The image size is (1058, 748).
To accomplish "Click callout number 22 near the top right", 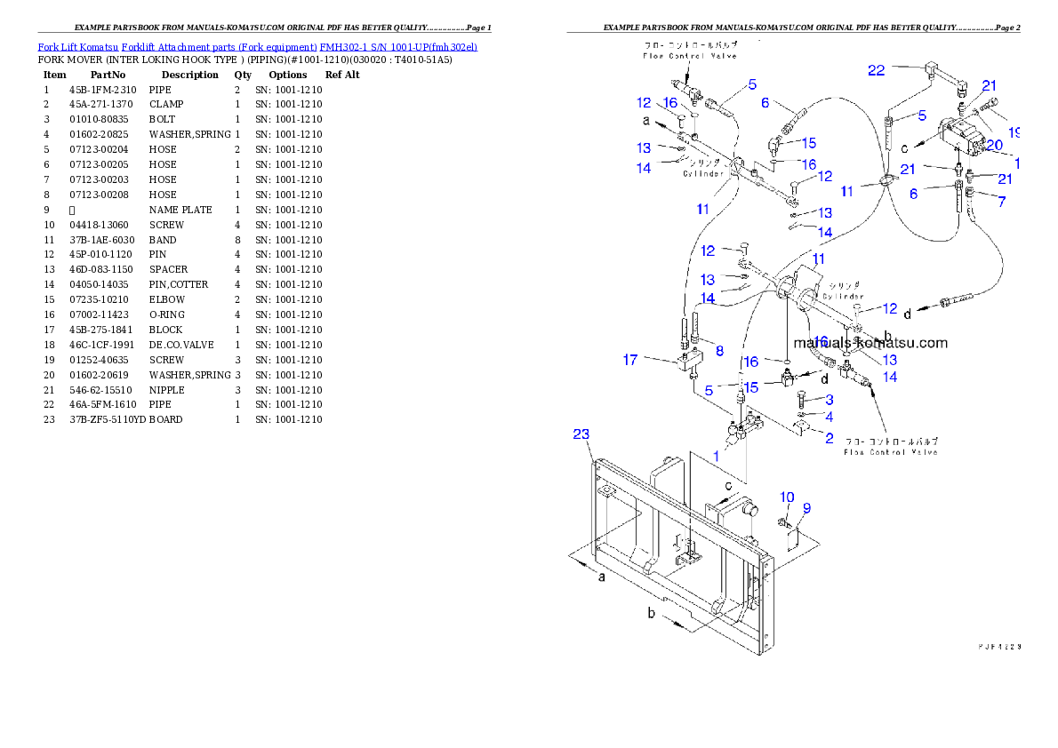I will [877, 70].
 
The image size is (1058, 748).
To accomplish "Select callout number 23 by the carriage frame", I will [581, 434].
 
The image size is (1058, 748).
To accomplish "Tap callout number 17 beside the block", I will [630, 360].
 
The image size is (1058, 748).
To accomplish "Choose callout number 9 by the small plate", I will [806, 508].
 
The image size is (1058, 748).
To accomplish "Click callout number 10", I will [787, 497].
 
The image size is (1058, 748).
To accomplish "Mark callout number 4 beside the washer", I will [828, 416].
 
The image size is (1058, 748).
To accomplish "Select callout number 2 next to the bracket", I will [828, 437].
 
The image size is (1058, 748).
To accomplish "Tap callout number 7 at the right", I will [1002, 202].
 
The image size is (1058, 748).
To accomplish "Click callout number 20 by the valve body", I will [993, 145].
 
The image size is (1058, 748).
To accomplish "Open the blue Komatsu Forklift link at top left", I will [257, 46].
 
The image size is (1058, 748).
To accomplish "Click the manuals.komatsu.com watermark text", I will [870, 343].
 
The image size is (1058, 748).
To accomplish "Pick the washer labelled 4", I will [802, 414].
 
